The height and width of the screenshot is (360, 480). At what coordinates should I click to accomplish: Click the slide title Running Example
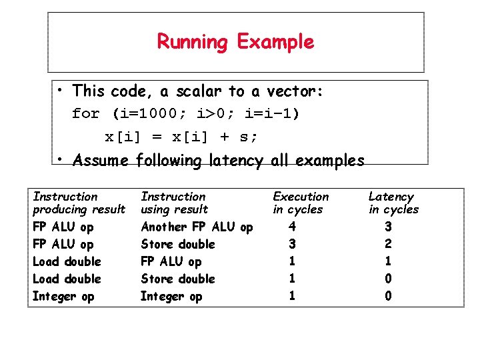pyautogui.click(x=235, y=42)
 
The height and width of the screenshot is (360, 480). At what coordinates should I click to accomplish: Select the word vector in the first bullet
pyautogui.click(x=295, y=91)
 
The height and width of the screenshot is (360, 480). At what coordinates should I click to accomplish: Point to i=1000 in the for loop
pyautogui.click(x=146, y=113)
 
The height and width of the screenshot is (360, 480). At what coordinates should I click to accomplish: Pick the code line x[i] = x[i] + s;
pyautogui.click(x=181, y=137)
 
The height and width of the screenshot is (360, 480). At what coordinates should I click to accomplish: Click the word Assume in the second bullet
pyautogui.click(x=101, y=161)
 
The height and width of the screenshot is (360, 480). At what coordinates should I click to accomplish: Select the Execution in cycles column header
pyautogui.click(x=301, y=203)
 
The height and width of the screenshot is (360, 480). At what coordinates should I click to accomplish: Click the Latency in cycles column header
pyautogui.click(x=393, y=203)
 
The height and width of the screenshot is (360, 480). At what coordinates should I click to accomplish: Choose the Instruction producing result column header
pyautogui.click(x=79, y=203)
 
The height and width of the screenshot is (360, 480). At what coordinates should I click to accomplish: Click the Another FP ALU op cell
pyautogui.click(x=197, y=227)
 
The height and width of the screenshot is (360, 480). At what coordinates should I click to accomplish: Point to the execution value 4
pyautogui.click(x=292, y=227)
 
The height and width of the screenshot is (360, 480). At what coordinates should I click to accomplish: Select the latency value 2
pyautogui.click(x=388, y=244)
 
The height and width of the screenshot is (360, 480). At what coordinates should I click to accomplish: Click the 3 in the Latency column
pyautogui.click(x=388, y=227)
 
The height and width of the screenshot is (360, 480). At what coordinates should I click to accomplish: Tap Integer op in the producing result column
pyautogui.click(x=63, y=297)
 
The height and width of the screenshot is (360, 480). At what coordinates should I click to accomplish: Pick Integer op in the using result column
pyautogui.click(x=171, y=297)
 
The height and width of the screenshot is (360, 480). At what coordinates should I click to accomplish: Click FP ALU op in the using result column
pyautogui.click(x=171, y=262)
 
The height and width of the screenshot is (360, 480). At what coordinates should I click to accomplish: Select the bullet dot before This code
pyautogui.click(x=60, y=91)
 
